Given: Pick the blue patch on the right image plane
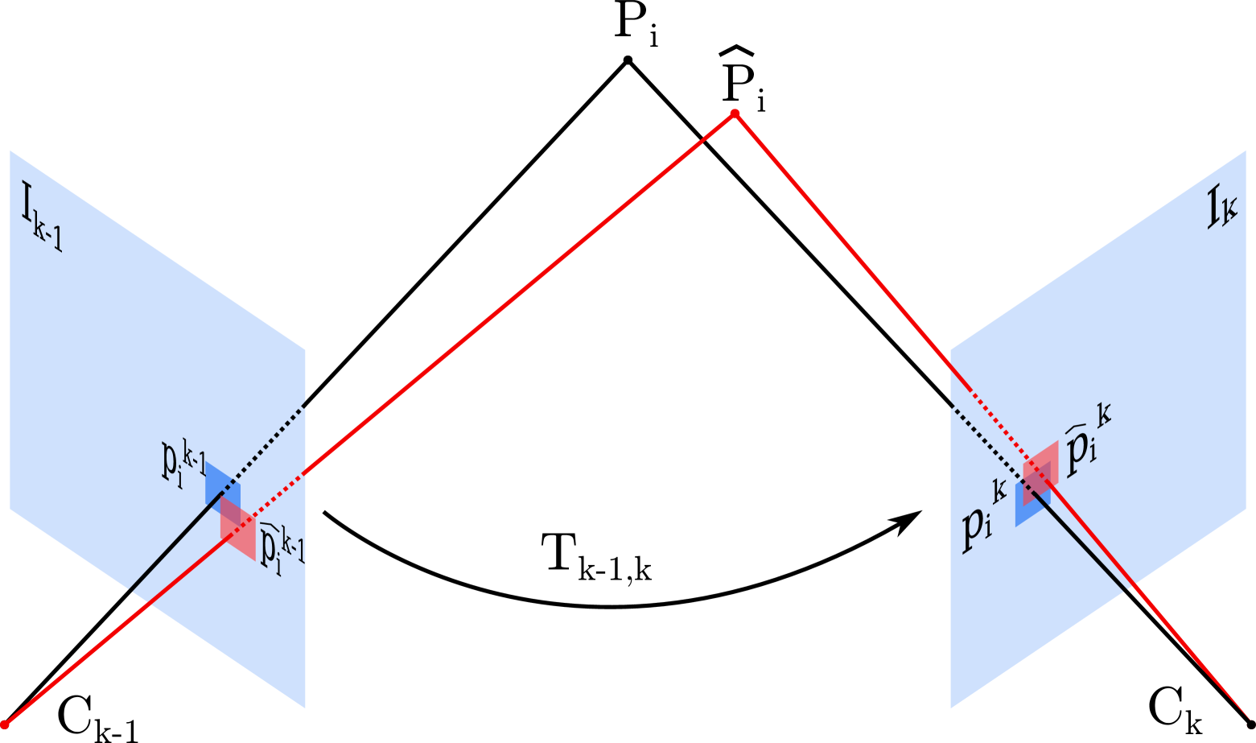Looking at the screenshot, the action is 1023,511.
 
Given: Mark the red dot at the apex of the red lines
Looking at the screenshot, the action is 734,114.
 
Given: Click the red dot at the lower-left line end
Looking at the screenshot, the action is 5,724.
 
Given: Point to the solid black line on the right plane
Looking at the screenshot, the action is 1086,547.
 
